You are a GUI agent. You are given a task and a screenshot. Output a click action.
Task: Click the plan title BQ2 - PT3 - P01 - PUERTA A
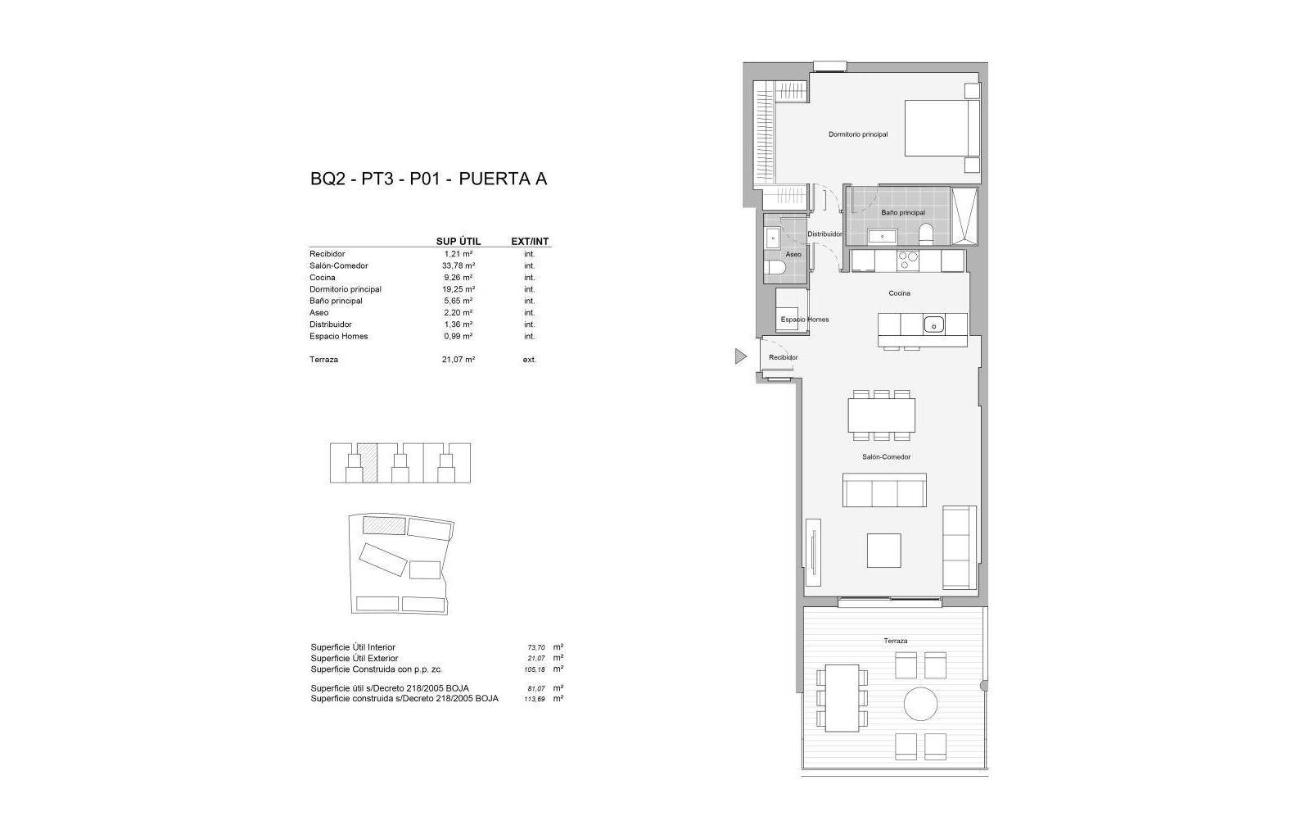[429, 179]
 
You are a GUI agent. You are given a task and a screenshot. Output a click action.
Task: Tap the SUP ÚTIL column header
[458, 242]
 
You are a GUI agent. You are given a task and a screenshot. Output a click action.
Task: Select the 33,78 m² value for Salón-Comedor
[458, 265]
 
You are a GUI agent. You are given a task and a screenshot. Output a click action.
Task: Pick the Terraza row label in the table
[324, 359]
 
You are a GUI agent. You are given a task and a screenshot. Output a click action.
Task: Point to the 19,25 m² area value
[458, 289]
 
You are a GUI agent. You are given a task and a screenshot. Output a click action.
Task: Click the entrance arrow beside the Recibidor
[741, 356]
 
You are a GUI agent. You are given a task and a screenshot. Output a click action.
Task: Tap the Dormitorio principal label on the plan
[858, 134]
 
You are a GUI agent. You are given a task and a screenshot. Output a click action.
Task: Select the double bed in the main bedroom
[942, 128]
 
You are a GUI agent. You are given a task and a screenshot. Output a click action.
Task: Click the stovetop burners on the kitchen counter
[908, 261]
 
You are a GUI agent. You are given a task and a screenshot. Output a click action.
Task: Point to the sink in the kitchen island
[934, 324]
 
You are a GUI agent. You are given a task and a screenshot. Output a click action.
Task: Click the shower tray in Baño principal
[964, 215]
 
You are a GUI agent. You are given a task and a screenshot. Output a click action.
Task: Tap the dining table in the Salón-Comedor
[881, 415]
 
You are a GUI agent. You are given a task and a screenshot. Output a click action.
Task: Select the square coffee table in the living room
[883, 550]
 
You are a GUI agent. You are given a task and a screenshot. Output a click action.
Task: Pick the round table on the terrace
[920, 703]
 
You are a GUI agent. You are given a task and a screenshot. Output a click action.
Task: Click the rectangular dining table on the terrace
[842, 698]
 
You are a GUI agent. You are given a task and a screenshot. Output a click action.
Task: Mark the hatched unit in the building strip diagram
[368, 463]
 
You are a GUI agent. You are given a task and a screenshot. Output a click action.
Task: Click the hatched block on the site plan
[384, 525]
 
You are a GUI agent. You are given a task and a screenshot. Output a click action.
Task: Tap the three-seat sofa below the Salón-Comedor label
[884, 490]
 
